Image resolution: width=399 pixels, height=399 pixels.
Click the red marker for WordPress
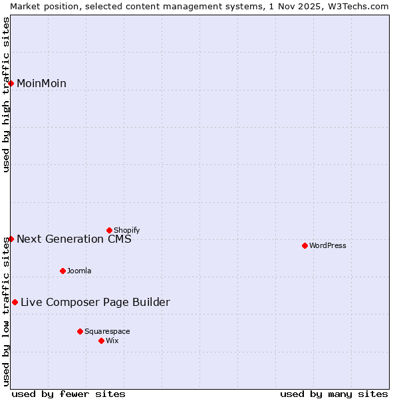305,245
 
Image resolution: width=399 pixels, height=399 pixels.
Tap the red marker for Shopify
109,230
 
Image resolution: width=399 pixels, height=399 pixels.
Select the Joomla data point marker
63,271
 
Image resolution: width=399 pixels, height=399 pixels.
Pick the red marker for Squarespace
80,331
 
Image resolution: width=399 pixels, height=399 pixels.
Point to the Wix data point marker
101,340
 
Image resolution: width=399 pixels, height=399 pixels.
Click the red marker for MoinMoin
11,83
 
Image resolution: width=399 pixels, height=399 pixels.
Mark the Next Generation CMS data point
11,239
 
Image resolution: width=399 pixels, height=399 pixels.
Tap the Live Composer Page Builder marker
15,302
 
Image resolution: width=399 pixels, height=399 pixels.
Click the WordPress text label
328,245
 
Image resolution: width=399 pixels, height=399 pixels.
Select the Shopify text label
127,230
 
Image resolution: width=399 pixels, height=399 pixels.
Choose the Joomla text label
79,271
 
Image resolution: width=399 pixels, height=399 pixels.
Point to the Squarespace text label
107,331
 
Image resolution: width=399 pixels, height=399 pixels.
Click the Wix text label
112,340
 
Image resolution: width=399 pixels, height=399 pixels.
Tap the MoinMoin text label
41,83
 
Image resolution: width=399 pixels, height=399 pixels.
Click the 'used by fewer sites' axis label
68,394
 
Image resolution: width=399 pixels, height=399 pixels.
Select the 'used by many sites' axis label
334,394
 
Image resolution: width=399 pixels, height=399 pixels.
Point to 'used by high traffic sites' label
6,94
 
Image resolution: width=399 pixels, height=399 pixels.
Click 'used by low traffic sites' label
6,311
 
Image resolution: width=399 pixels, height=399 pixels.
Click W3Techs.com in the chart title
356,6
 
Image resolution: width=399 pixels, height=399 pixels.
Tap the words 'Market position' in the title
40,6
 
